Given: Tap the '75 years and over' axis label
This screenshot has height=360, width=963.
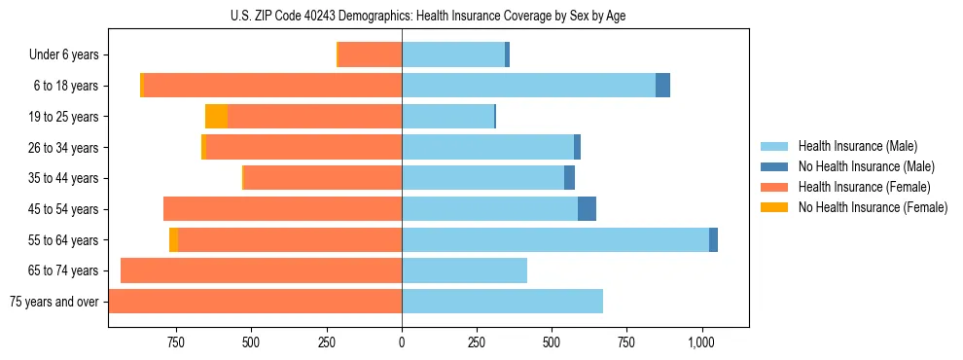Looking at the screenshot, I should [x=54, y=302].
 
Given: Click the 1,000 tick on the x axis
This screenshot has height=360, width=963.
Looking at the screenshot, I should [x=701, y=342].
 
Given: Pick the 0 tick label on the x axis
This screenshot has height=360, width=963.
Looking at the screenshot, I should [x=402, y=342].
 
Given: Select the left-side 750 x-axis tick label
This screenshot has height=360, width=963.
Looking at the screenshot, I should [x=176, y=342].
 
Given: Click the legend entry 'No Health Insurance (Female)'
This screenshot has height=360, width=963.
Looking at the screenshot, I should [x=873, y=207].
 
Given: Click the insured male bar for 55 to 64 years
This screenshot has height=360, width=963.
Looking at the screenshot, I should [x=554, y=239].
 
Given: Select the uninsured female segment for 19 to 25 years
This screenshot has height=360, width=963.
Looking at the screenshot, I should [x=216, y=117].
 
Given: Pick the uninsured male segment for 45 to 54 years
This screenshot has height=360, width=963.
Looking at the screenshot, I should [x=587, y=209].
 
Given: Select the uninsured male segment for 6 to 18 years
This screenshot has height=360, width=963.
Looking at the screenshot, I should [x=662, y=86].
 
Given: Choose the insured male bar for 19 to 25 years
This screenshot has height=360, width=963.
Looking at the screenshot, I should [x=447, y=117].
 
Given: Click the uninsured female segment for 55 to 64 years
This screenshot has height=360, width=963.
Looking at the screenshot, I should [x=173, y=239].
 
